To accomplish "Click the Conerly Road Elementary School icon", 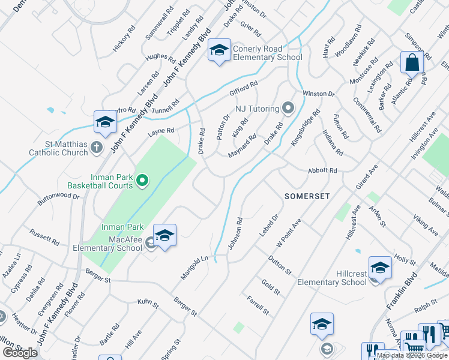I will (x=218, y=51).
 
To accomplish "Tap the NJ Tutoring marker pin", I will (x=289, y=109).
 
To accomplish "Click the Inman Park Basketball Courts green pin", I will (x=142, y=179).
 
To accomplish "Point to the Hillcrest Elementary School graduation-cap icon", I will (x=380, y=267).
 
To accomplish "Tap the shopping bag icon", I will (x=412, y=62).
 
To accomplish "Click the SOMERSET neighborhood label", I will (x=307, y=196).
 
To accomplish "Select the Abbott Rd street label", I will (x=322, y=171).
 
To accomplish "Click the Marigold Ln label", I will (x=197, y=267).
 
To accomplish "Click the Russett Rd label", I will (x=45, y=238).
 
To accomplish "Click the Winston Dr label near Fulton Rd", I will (x=318, y=94).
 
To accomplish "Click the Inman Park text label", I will (x=122, y=227).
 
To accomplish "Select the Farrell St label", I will (x=257, y=305).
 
